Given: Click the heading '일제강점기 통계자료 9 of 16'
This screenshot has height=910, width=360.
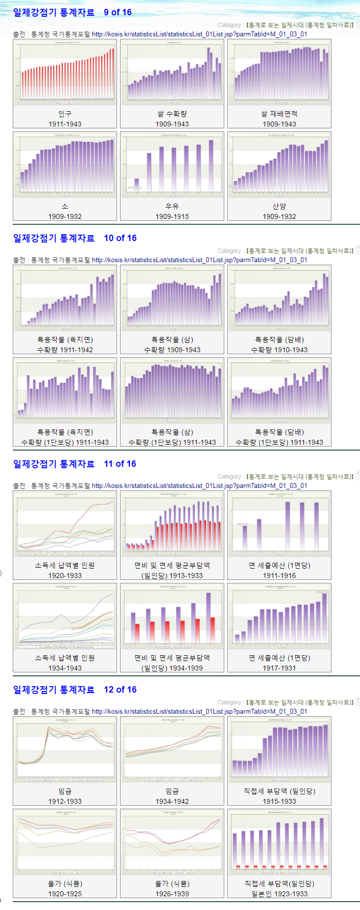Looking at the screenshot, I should tap(72, 12).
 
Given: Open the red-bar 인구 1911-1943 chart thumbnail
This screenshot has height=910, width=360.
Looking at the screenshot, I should tap(65, 72).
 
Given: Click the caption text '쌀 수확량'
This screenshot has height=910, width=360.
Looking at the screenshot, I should tap(172, 114).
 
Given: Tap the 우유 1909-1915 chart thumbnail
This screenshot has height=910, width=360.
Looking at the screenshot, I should tap(172, 165).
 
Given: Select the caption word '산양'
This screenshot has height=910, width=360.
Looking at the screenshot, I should tap(279, 206).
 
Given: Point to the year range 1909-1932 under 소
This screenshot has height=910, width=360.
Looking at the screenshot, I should tap(65, 216).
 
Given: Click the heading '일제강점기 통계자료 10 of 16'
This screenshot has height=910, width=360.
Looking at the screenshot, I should tap(74, 238).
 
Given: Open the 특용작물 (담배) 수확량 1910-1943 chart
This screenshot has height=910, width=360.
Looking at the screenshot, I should tap(279, 298).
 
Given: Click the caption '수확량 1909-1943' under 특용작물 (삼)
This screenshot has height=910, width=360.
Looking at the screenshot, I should tap(172, 350).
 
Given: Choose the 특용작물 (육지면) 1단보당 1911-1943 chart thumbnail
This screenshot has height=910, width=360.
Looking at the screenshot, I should tap(65, 391).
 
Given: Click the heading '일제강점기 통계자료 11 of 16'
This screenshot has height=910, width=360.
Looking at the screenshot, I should tap(74, 464).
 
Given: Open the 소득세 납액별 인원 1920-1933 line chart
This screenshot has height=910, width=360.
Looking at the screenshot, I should tap(65, 524).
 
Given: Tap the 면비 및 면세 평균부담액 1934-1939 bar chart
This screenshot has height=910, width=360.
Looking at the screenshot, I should tap(172, 616).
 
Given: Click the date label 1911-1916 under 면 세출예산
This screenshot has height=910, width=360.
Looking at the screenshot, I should tap(279, 576).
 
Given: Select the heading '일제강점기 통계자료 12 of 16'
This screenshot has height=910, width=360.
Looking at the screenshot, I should tap(74, 690).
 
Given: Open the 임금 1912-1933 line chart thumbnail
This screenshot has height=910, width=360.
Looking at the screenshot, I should tap(65, 750).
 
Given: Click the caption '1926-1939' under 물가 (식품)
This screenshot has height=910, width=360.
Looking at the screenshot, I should tap(172, 894).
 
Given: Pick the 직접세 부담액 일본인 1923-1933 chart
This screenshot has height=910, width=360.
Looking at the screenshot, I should tap(279, 842).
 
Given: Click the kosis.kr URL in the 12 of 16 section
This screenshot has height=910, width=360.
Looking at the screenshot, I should tap(199, 711).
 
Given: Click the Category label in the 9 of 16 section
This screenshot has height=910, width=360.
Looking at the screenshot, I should tap(229, 25).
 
